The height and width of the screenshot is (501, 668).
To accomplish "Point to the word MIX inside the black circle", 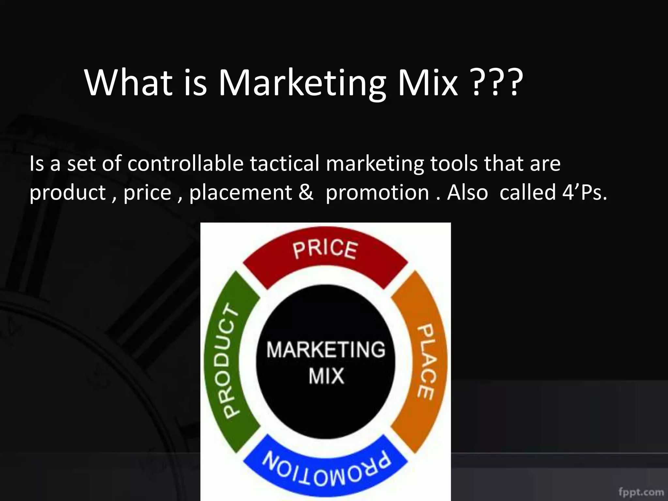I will coord(326,376).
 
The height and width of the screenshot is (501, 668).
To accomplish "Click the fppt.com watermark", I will coord(641,492).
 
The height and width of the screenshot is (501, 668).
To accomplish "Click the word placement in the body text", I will coord(240,192).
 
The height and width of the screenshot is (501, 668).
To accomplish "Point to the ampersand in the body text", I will coord(306,192).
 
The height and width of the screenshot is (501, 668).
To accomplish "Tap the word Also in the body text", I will coord(467,192).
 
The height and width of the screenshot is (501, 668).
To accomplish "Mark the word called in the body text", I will coord(527,192).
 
